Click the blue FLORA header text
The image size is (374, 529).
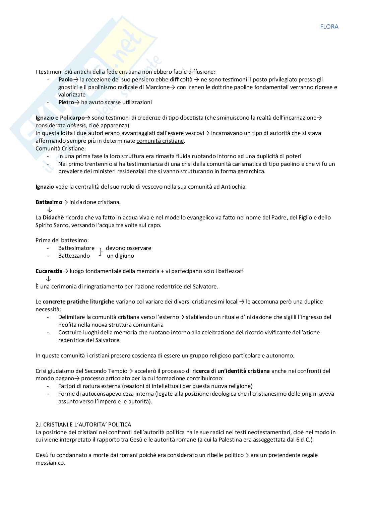coord(329,27)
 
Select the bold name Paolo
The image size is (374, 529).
coord(65,79)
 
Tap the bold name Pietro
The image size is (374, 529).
coord(66,102)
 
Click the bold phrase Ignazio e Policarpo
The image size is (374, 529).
coord(60,118)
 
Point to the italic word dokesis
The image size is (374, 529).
coord(76,125)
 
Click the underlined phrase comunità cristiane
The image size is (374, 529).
coord(160,141)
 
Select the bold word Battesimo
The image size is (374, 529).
coord(49,202)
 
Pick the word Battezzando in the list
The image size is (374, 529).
coord(74,256)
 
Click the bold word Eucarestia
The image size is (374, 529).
coord(49,271)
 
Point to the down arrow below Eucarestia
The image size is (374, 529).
coord(49,279)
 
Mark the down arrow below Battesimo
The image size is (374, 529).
coord(50,210)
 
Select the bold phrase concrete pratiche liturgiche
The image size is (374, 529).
coord(78,302)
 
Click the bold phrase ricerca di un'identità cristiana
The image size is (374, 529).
coord(231,371)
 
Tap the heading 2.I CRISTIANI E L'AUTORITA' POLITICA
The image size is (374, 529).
coord(83,424)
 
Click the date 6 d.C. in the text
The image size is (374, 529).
coord(303,440)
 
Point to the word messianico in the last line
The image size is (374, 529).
coord(50,463)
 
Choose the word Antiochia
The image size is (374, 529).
coord(233,187)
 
